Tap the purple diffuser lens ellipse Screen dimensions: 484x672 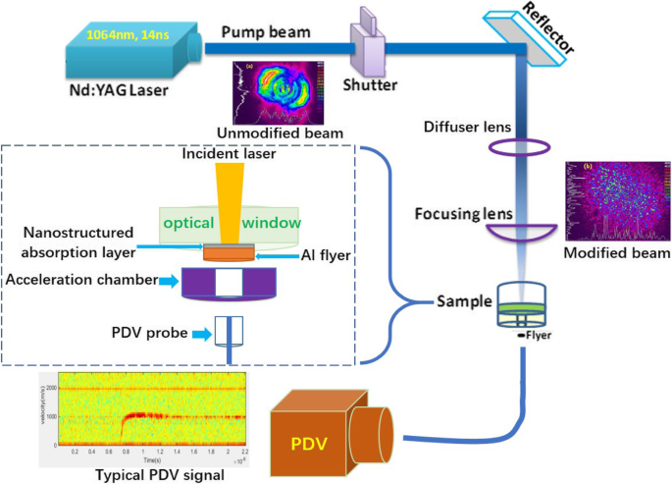(x=518, y=148)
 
